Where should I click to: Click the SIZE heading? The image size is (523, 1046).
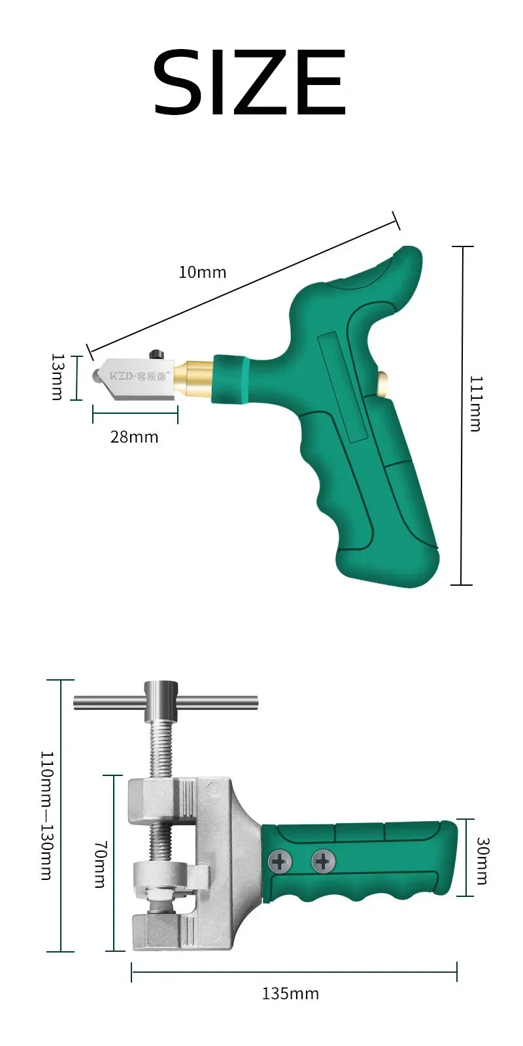(x=250, y=82)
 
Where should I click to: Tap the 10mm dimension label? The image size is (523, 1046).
(x=202, y=272)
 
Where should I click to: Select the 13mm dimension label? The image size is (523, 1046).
(x=56, y=377)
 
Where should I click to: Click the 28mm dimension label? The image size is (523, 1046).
(x=135, y=437)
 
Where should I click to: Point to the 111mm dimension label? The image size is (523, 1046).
(x=475, y=403)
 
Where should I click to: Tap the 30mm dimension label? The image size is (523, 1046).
(x=483, y=860)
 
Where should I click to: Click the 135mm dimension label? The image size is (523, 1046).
(x=290, y=993)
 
